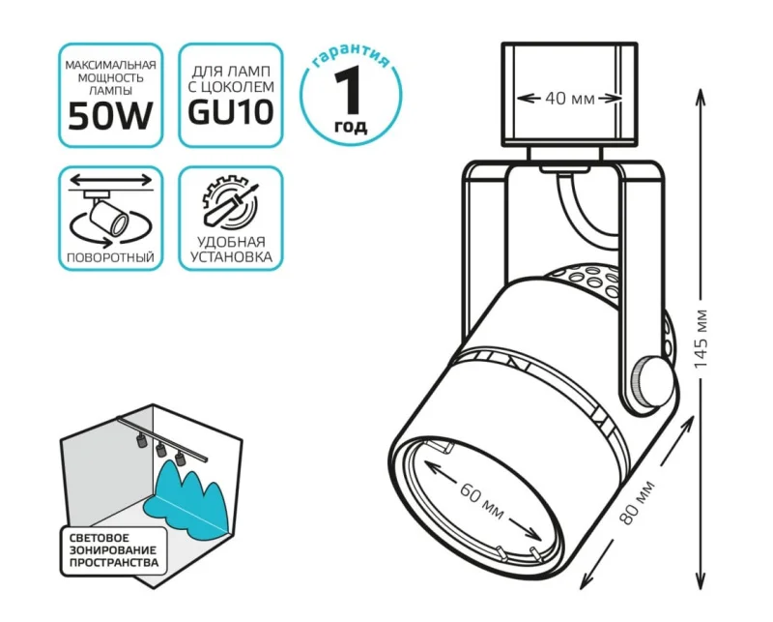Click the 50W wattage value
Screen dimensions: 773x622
tap(110, 116)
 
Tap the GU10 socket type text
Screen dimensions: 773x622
tap(231, 112)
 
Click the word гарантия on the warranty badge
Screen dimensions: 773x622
tap(352, 57)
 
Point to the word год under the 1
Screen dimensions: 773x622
tap(351, 127)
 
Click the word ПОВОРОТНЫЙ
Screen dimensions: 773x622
tap(110, 257)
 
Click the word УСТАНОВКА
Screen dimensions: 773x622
tap(231, 257)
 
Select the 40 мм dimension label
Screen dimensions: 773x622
tap(570, 99)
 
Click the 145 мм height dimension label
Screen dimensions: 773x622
tap(701, 339)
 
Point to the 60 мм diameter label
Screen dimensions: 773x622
tap(481, 500)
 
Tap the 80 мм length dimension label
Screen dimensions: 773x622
tap(638, 501)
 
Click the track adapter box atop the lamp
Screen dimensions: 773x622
tap(569, 95)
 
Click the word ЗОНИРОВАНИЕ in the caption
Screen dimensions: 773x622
tap(113, 549)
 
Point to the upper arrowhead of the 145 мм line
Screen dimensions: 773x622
tap(700, 98)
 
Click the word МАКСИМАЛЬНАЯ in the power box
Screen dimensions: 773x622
tap(110, 65)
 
